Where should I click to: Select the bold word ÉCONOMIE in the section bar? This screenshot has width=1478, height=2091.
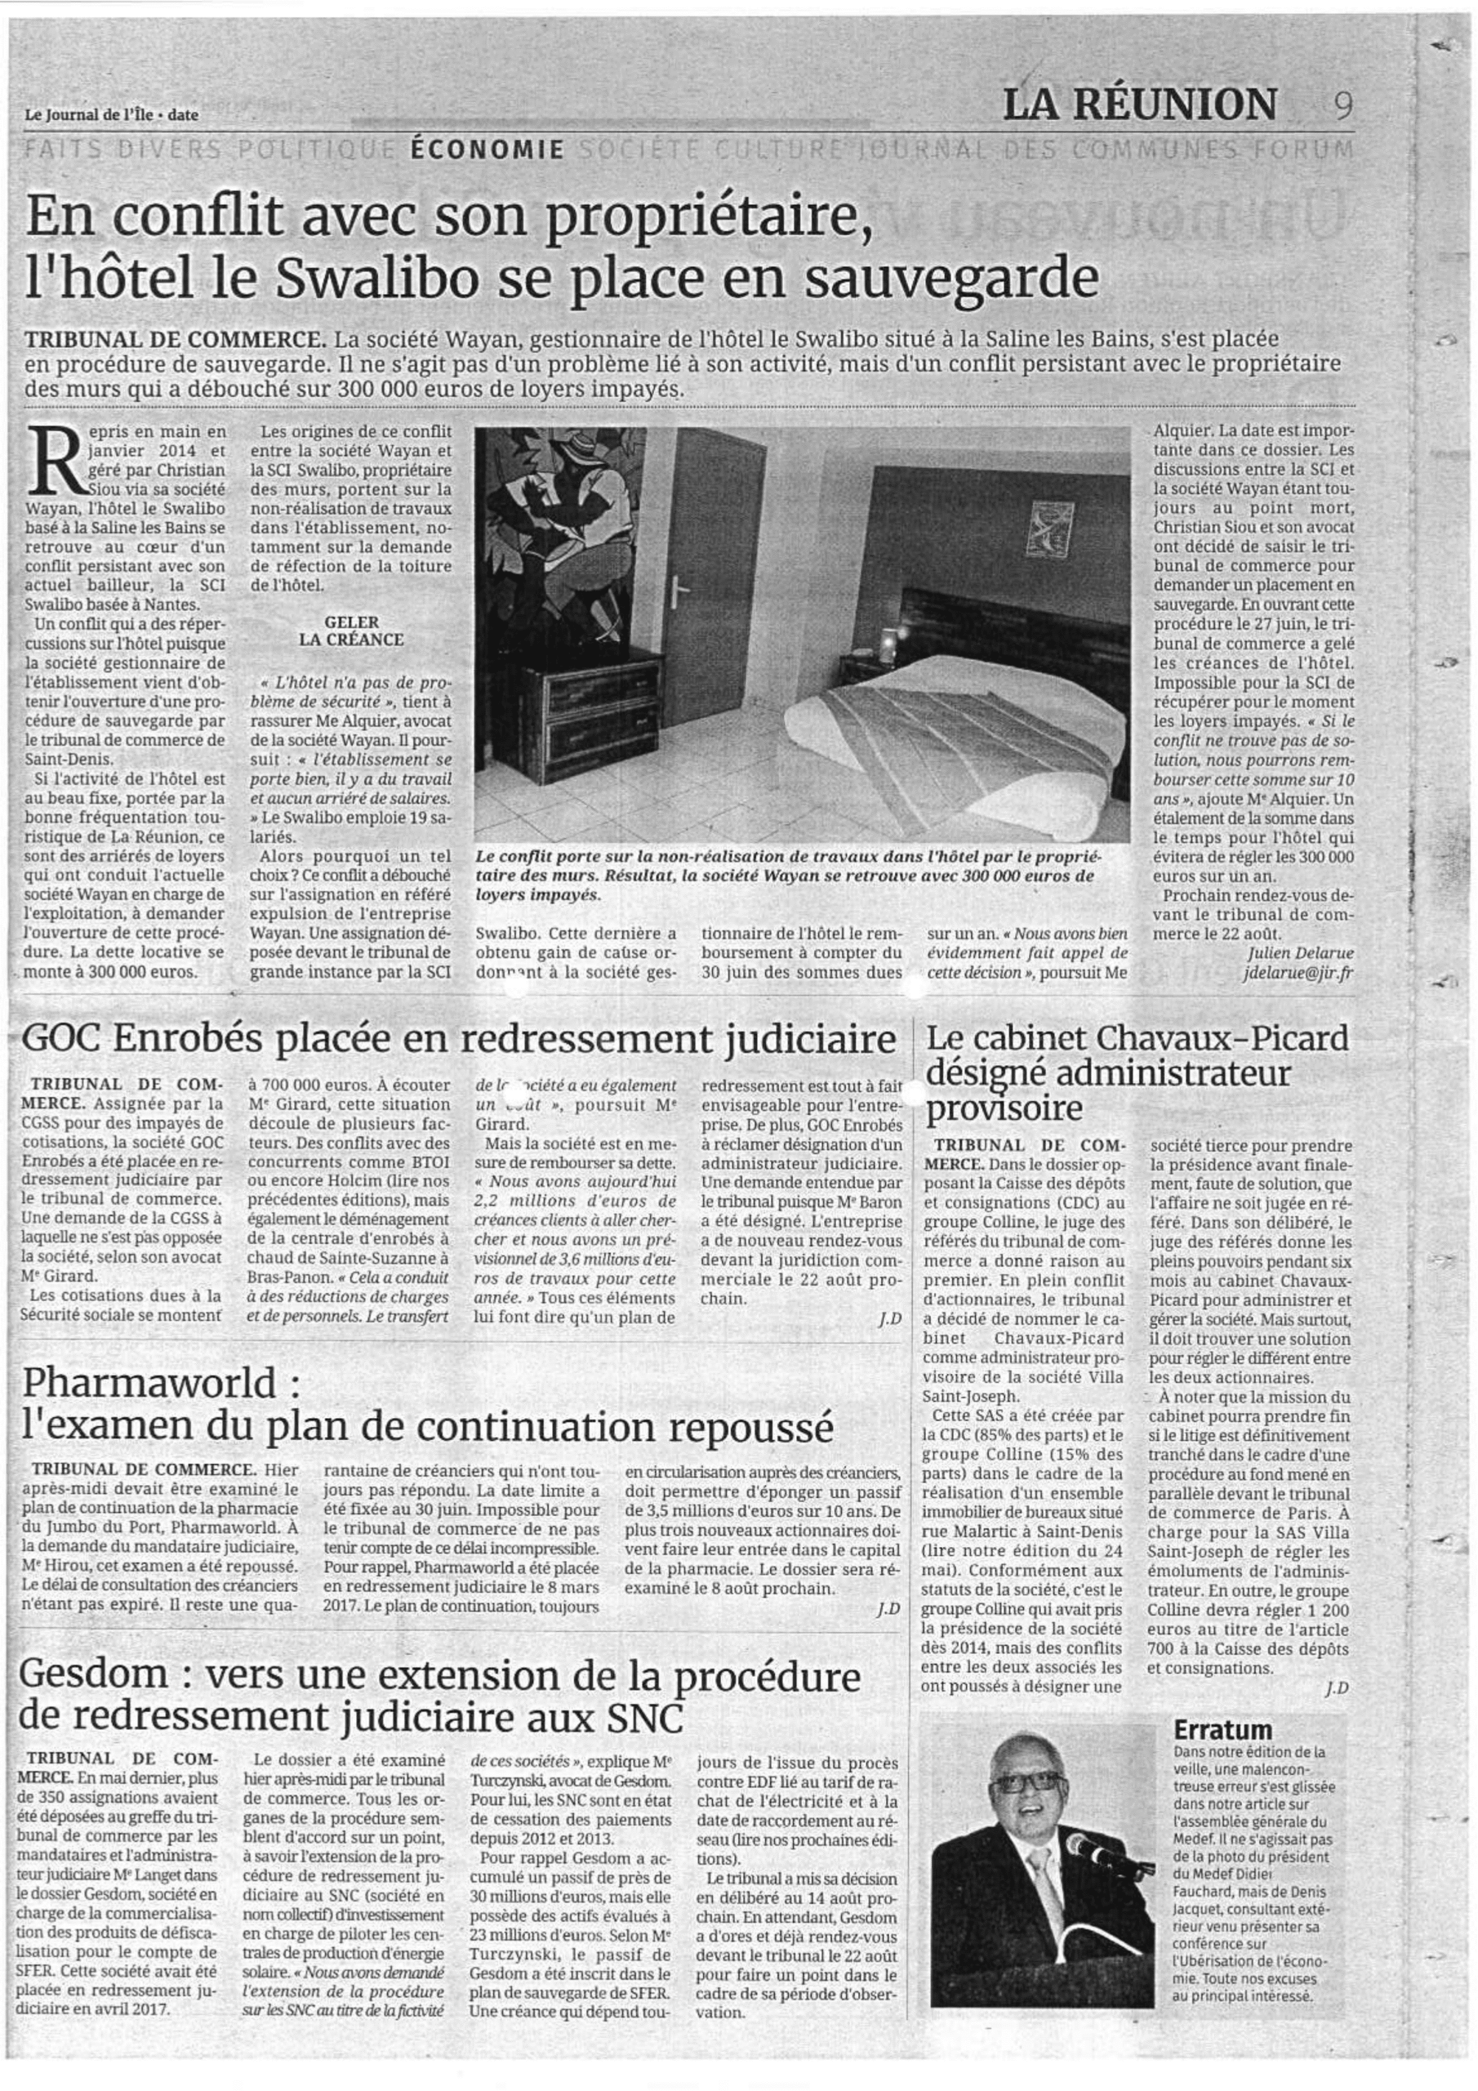[487, 149]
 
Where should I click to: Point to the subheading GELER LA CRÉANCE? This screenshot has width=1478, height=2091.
[350, 631]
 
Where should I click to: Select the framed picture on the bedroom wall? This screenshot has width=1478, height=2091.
[1039, 529]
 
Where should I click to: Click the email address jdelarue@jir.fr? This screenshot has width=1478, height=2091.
[1297, 974]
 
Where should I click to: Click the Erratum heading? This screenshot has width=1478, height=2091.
[1222, 1729]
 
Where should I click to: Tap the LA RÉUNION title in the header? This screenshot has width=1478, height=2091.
[1139, 105]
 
